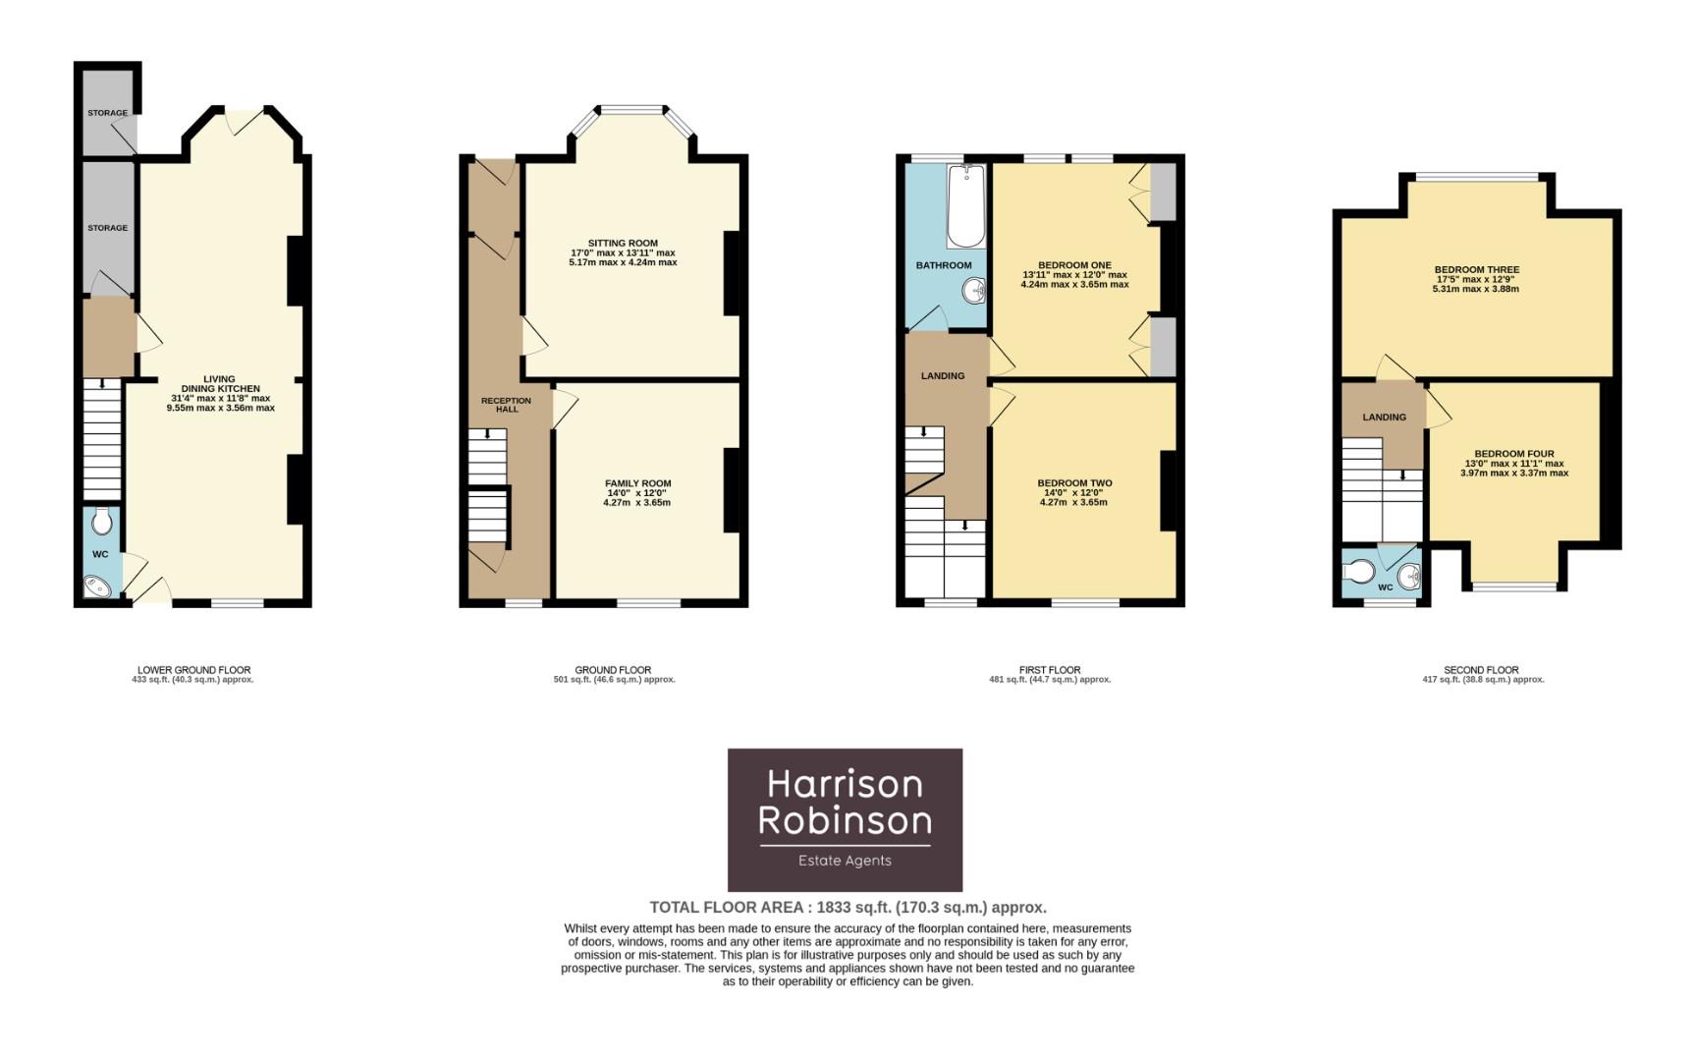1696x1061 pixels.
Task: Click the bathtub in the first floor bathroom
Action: (x=965, y=205)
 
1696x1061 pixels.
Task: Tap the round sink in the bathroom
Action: (x=974, y=291)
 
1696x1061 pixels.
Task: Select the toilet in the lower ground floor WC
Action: (x=101, y=521)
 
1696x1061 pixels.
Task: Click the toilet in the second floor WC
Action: (x=1360, y=571)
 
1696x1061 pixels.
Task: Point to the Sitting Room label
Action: (x=623, y=244)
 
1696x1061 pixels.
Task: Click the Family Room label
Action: (x=638, y=483)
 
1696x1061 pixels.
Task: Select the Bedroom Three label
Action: (x=1476, y=270)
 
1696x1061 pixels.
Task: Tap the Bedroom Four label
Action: (x=1513, y=454)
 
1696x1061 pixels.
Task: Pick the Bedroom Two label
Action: (x=1074, y=483)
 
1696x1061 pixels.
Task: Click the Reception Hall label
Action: (x=507, y=405)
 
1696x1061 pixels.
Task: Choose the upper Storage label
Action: (x=107, y=113)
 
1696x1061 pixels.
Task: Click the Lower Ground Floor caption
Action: (x=193, y=670)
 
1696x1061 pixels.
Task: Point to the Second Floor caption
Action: (x=1481, y=670)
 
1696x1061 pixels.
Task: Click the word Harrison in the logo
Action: (x=845, y=784)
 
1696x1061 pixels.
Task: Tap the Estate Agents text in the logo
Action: (x=845, y=861)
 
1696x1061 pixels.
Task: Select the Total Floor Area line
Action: (x=848, y=908)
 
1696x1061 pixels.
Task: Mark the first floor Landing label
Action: (x=943, y=376)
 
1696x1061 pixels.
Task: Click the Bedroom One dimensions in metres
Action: (x=1074, y=285)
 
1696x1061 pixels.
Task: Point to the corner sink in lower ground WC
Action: (x=96, y=586)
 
